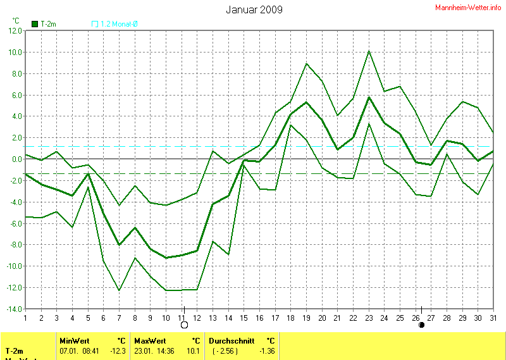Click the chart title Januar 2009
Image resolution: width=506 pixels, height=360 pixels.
pyautogui.click(x=254, y=9)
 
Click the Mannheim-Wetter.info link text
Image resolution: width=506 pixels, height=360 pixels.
pyautogui.click(x=469, y=7)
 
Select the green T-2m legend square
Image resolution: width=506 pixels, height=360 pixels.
pyautogui.click(x=35, y=24)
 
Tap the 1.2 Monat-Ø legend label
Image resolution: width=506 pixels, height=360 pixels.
pyautogui.click(x=119, y=24)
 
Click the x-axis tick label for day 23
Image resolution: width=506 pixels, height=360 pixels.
pyautogui.click(x=369, y=317)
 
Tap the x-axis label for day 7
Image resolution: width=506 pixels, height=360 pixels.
pyautogui.click(x=119, y=317)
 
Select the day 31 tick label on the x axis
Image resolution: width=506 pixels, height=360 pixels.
pyautogui.click(x=493, y=317)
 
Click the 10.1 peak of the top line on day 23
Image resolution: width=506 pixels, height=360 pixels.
pyautogui.click(x=369, y=51)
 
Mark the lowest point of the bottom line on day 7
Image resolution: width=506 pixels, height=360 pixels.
pyautogui.click(x=119, y=290)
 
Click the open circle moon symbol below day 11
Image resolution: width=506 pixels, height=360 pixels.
pyautogui.click(x=185, y=325)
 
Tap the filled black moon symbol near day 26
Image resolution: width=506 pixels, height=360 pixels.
pyautogui.click(x=421, y=325)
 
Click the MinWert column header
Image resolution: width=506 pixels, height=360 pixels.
pyautogui.click(x=72, y=340)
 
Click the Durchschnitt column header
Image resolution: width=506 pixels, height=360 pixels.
pyautogui.click(x=231, y=340)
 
